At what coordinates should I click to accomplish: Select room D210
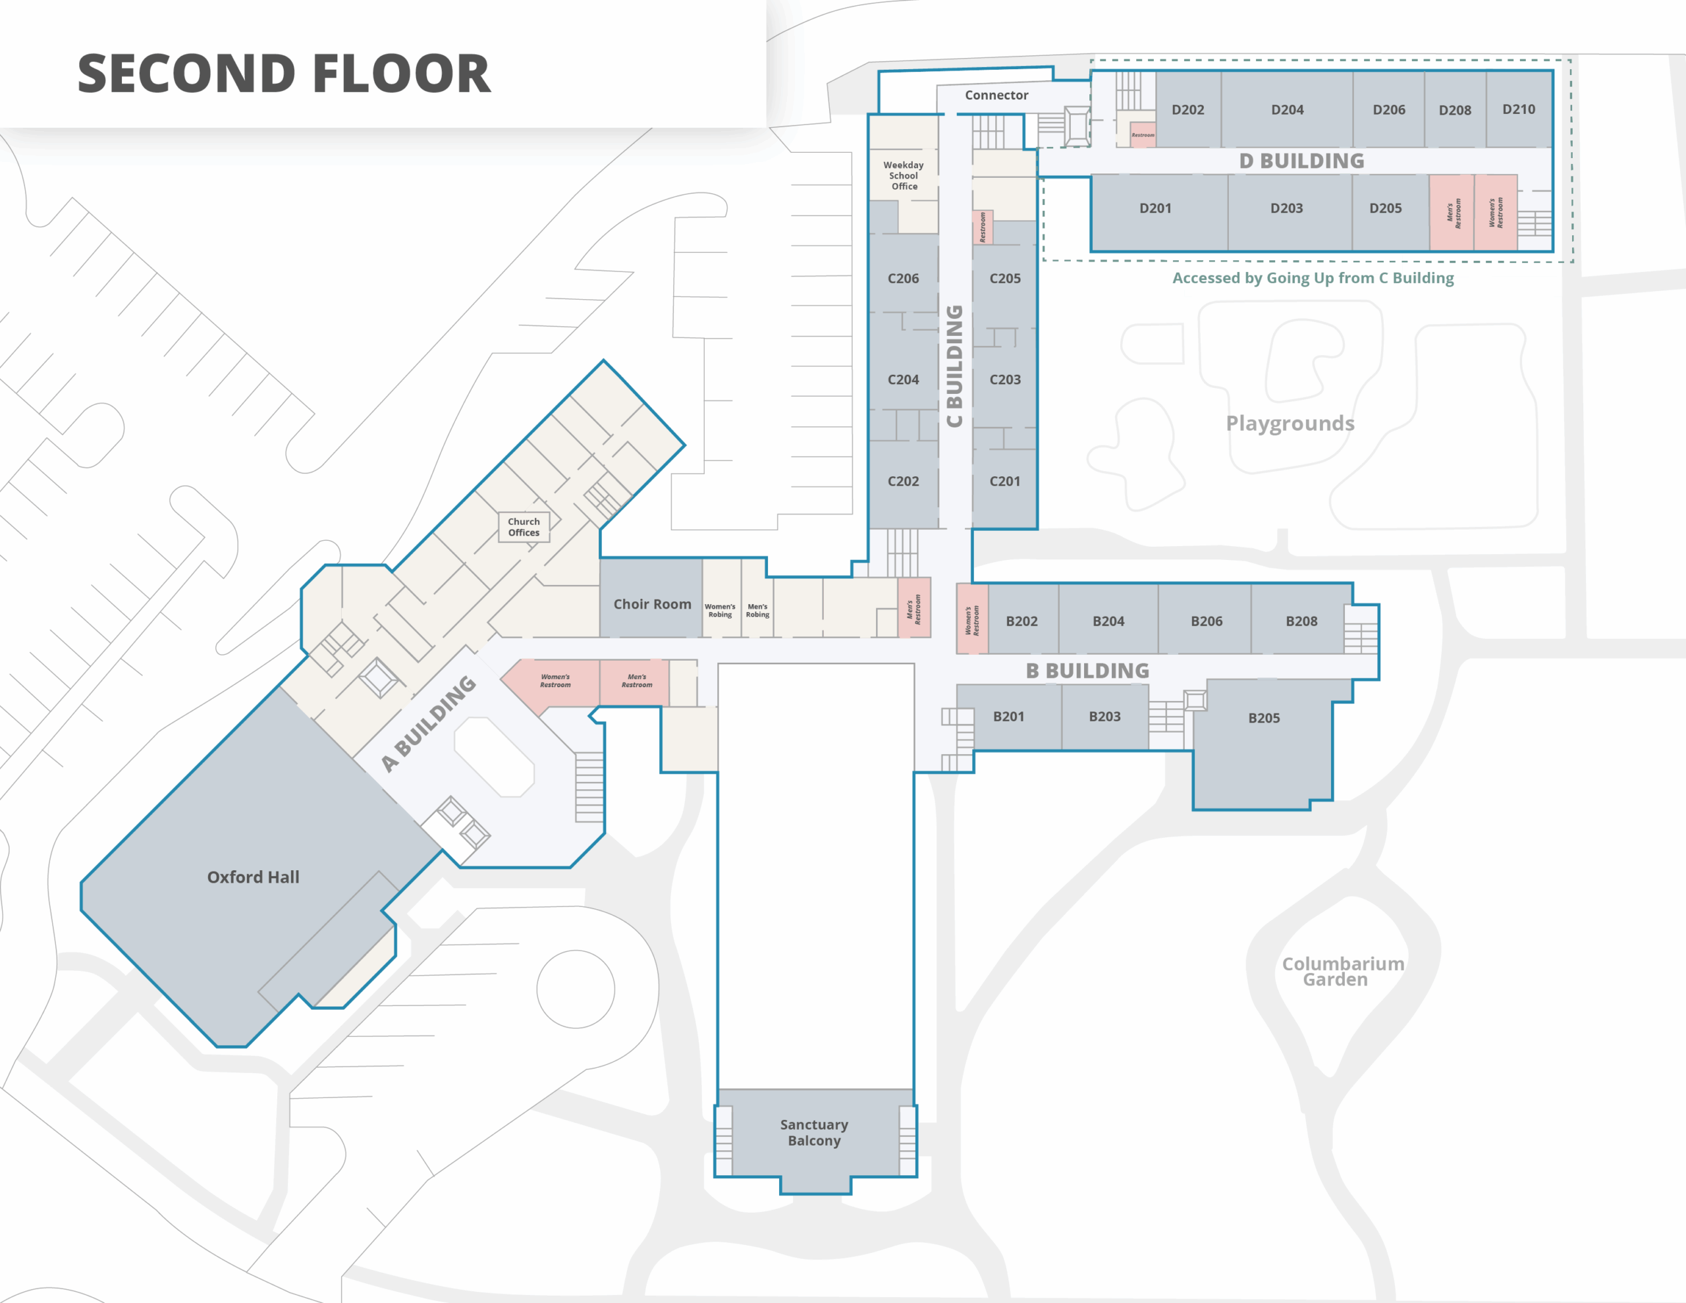pos(1519,109)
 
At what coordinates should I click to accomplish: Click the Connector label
pos(996,95)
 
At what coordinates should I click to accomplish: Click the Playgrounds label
pos(1290,424)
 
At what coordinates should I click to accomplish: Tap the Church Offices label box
pos(524,527)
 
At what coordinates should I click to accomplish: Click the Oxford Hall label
pos(253,877)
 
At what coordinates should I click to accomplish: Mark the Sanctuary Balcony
pos(815,1132)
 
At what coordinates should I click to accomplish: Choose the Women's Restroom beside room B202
pos(972,619)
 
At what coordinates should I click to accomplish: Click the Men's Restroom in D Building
pos(1452,212)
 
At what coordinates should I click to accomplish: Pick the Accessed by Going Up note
pos(1313,278)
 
